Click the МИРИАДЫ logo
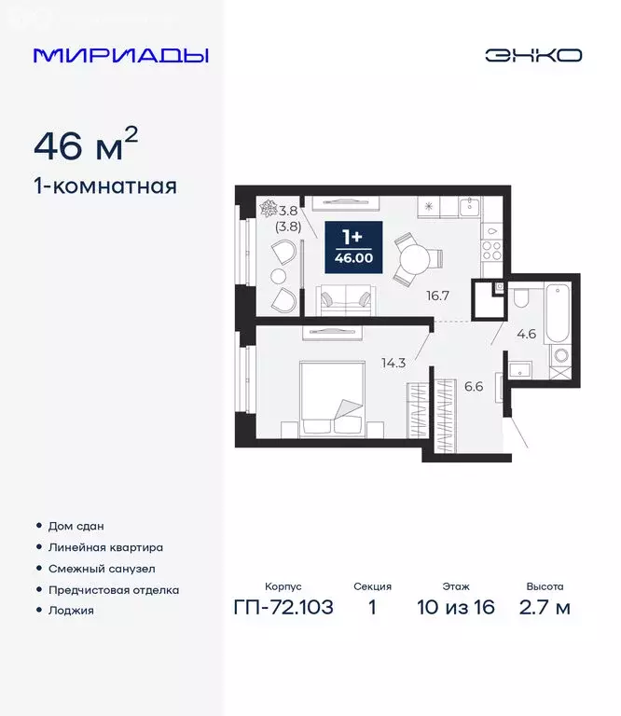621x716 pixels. click(120, 54)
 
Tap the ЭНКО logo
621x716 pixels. click(532, 54)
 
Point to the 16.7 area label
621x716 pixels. click(437, 296)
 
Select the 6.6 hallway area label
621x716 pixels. click(475, 385)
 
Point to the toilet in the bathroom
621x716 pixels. click(522, 299)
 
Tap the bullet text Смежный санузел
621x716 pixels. click(102, 569)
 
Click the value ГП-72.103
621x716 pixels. click(283, 609)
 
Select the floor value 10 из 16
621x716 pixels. click(456, 609)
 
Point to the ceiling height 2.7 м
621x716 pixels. click(545, 609)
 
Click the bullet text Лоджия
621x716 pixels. click(72, 611)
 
